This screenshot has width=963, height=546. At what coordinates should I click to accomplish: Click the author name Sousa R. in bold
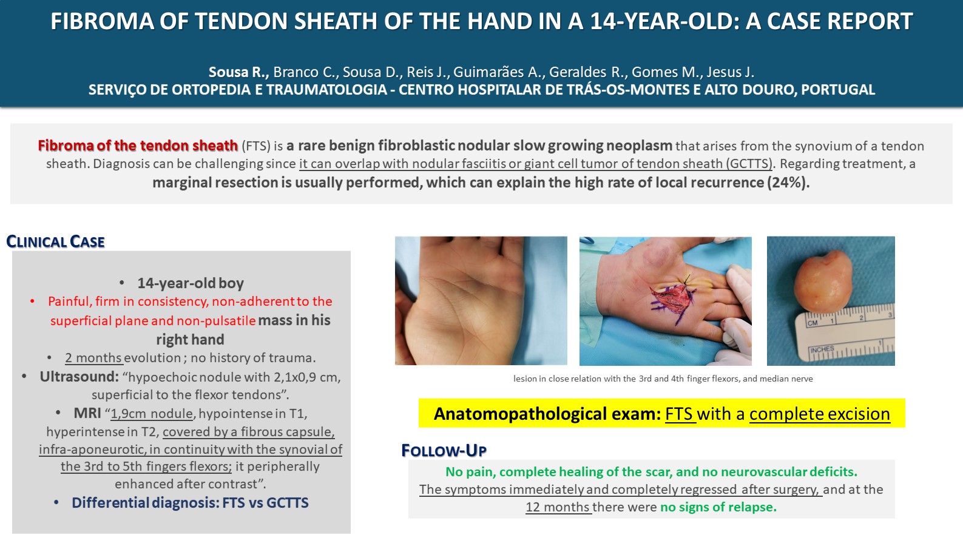pyautogui.click(x=238, y=72)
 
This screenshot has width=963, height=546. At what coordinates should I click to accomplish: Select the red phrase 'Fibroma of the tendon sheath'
pyautogui.click(x=138, y=146)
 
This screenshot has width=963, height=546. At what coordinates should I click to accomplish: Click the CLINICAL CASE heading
pyautogui.click(x=55, y=241)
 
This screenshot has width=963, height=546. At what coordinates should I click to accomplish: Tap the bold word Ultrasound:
pyautogui.click(x=79, y=377)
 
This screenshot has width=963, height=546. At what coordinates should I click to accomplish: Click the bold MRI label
pyautogui.click(x=87, y=413)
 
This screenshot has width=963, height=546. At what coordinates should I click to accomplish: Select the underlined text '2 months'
pyautogui.click(x=93, y=358)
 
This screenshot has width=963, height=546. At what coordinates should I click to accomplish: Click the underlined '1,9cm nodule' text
pyautogui.click(x=152, y=414)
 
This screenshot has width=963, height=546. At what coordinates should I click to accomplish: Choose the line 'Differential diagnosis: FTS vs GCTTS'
pyautogui.click(x=190, y=502)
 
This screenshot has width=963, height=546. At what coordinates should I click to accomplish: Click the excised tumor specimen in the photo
pyautogui.click(x=823, y=281)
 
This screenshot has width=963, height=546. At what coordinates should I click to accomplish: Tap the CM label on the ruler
pyautogui.click(x=813, y=323)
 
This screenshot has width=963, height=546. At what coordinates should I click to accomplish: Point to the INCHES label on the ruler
pyautogui.click(x=822, y=349)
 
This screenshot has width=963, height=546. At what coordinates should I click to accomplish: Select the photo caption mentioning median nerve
pyautogui.click(x=663, y=379)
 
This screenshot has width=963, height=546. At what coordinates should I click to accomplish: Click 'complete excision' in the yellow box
pyautogui.click(x=819, y=414)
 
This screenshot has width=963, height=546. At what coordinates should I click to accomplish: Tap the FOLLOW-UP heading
pyautogui.click(x=444, y=451)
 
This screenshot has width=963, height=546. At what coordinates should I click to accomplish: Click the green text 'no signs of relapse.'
pyautogui.click(x=718, y=507)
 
